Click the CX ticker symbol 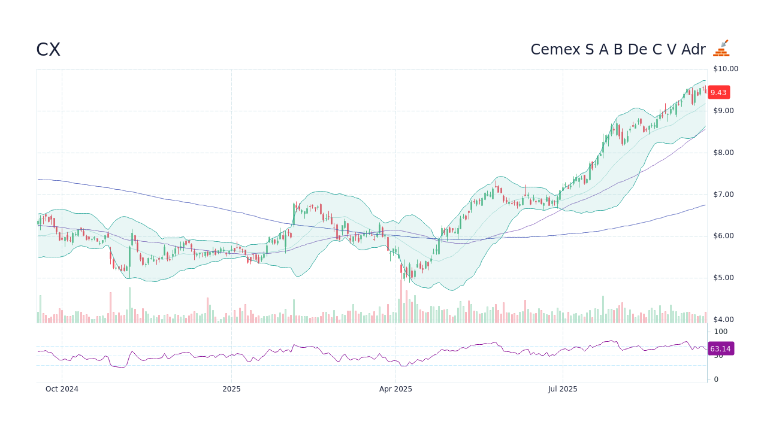[48, 50]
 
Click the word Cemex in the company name [555, 50]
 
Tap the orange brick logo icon [721, 48]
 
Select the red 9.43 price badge [718, 92]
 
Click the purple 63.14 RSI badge [720, 348]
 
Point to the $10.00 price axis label [725, 69]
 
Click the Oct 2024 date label [62, 389]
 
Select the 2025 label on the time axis [231, 389]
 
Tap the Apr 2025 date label [395, 389]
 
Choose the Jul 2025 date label [563, 389]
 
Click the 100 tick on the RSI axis [720, 332]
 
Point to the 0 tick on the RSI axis [715, 380]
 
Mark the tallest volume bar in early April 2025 [401, 301]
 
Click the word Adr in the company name [693, 50]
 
